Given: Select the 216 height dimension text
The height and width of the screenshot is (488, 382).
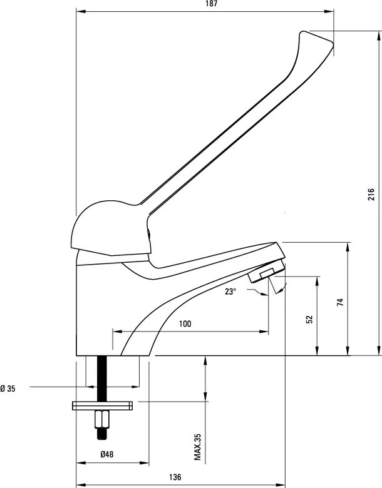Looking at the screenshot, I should [371, 195].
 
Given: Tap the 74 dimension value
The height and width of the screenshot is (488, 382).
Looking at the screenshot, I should [340, 303].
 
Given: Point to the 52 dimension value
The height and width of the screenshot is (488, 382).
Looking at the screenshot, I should [309, 319].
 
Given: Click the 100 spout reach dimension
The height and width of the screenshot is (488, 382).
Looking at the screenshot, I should [185, 323].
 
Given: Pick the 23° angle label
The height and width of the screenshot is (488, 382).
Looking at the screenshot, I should [231, 291].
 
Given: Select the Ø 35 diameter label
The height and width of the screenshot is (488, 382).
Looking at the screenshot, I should [8, 389].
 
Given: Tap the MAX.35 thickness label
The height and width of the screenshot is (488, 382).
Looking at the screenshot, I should [197, 447].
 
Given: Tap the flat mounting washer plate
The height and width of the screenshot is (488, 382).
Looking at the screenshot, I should [102, 406].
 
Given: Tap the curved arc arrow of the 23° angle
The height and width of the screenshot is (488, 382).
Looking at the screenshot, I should [280, 289].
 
